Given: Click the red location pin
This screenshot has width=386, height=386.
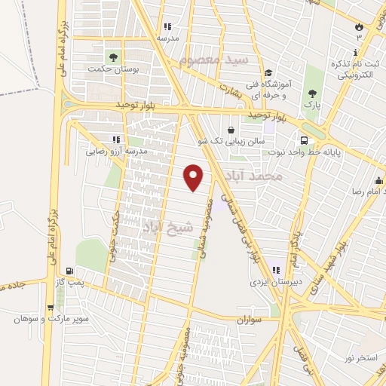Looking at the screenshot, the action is (195, 177).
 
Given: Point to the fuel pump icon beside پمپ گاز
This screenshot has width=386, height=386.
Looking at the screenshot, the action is (70, 271).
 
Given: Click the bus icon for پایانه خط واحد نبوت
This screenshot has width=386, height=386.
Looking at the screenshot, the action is (303, 140).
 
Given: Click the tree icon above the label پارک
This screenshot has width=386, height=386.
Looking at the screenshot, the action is (312, 94).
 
